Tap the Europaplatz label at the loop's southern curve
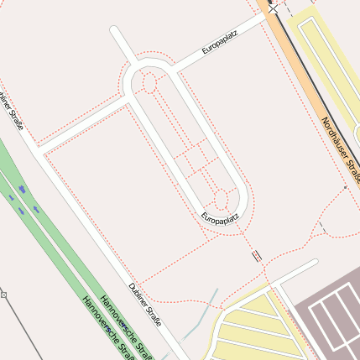221,218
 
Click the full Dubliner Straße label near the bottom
145,305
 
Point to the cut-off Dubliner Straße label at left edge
13,110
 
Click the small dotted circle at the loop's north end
149,82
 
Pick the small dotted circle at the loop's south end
222,200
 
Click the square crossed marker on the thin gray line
4,295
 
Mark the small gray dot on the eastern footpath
345,188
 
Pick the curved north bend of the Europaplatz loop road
147,63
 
